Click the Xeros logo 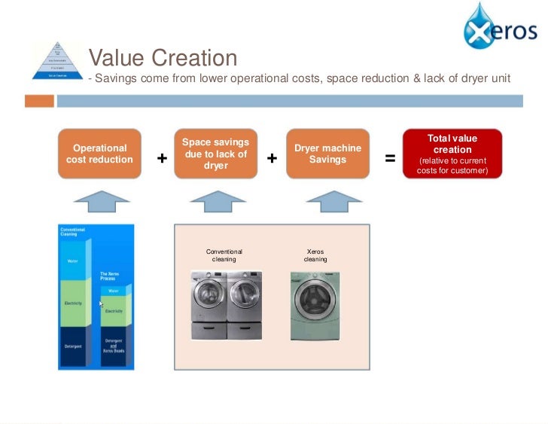click(x=500, y=28)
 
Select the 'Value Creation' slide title click(x=163, y=58)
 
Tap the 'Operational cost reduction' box click(x=99, y=154)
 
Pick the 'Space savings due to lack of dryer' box click(x=216, y=154)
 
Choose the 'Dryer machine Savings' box click(x=327, y=154)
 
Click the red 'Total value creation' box click(x=452, y=154)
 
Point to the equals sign click(x=390, y=158)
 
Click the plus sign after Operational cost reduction click(x=162, y=158)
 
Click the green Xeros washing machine click(x=315, y=305)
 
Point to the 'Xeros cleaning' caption click(x=315, y=255)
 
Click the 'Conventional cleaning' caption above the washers click(x=224, y=255)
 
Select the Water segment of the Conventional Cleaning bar click(x=73, y=261)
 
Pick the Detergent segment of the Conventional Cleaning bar click(x=73, y=346)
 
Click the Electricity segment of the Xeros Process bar click(x=114, y=310)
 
